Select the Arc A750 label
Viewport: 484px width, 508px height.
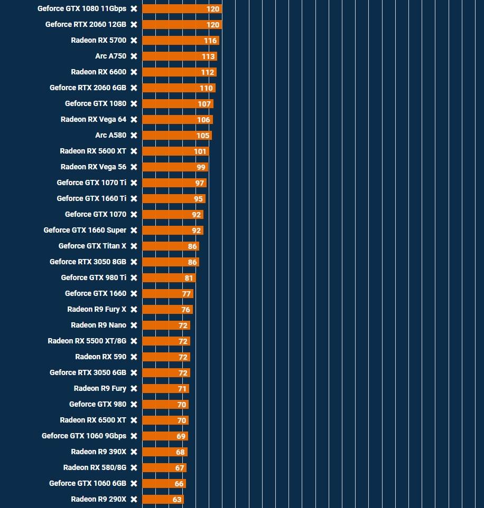(x=110, y=56)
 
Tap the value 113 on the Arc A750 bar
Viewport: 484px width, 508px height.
(x=208, y=56)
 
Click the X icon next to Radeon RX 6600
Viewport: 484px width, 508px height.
(x=134, y=72)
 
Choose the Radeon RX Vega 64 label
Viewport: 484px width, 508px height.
(x=94, y=119)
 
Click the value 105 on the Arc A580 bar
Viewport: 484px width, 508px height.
(x=203, y=136)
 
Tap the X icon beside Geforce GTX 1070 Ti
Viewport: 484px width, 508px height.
(x=134, y=183)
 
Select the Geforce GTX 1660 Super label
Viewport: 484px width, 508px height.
(x=85, y=230)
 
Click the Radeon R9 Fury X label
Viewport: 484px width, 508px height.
(x=97, y=309)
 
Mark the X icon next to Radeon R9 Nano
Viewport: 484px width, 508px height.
(x=134, y=325)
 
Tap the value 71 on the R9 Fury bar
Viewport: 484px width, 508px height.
(x=182, y=389)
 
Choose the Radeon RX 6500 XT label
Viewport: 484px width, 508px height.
(x=93, y=420)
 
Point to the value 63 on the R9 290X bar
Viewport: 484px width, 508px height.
(x=177, y=500)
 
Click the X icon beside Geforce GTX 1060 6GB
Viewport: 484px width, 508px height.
(x=134, y=484)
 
